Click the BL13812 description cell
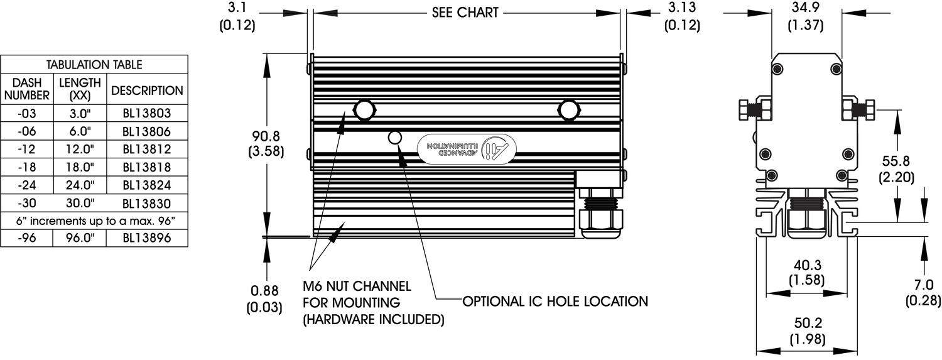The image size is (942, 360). tap(147, 150)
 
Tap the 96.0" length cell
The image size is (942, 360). tap(80, 238)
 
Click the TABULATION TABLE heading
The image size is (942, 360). tap(94, 65)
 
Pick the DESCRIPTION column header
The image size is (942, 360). tap(147, 90)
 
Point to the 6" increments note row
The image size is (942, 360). tap(94, 221)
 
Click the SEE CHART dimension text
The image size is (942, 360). tap(465, 13)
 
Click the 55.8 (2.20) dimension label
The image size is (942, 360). tap(896, 168)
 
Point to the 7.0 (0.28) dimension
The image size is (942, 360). tap(923, 293)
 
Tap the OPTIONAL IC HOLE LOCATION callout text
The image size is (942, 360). tap(555, 302)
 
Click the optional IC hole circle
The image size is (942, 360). tap(396, 137)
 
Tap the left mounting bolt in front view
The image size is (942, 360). tap(364, 110)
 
